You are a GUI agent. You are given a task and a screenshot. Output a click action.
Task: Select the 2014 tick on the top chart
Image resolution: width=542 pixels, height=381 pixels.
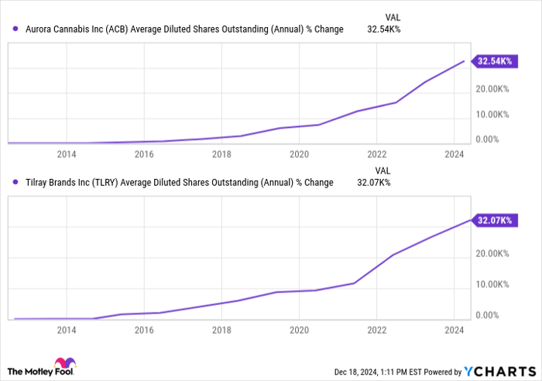pos(67,154)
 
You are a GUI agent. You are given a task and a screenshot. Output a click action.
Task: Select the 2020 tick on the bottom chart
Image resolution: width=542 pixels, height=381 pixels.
pos(299,330)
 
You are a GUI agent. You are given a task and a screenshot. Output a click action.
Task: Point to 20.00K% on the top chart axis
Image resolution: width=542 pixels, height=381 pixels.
pos(492,89)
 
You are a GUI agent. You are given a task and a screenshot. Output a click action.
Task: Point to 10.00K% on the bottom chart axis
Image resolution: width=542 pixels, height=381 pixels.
pos(492,284)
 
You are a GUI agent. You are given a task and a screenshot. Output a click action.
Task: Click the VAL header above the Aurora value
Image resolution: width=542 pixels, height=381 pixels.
pos(393,16)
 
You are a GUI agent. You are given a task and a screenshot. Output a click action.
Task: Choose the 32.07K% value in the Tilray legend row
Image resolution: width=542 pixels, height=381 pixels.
pos(373,183)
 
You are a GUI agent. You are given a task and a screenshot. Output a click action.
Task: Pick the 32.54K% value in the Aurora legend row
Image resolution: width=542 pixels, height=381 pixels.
pos(382,29)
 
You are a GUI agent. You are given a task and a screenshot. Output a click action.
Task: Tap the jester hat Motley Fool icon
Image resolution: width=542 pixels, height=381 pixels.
pos(62,365)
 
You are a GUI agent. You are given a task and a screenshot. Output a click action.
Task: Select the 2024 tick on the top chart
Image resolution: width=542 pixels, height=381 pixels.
pos(454,154)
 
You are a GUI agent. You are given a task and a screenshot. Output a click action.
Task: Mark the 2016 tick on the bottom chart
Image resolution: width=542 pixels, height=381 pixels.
pos(144,330)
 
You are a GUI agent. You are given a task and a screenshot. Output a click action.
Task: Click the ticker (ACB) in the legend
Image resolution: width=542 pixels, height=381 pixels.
pos(116,29)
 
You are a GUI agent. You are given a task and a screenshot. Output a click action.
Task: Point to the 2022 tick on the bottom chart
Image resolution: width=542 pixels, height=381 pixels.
pos(376,330)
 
